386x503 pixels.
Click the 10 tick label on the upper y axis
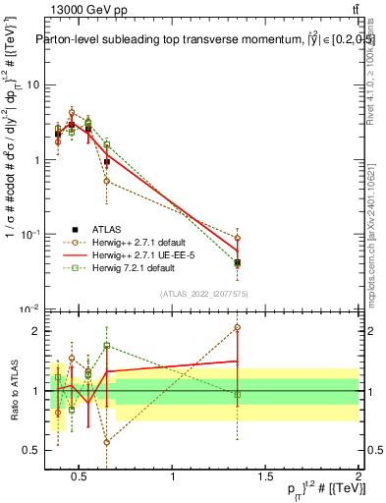(29, 84)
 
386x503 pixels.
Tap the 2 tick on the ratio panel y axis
(32, 331)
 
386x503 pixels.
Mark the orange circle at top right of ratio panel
(237, 327)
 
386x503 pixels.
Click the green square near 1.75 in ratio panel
(106, 346)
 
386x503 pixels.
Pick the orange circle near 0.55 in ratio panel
(106, 442)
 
